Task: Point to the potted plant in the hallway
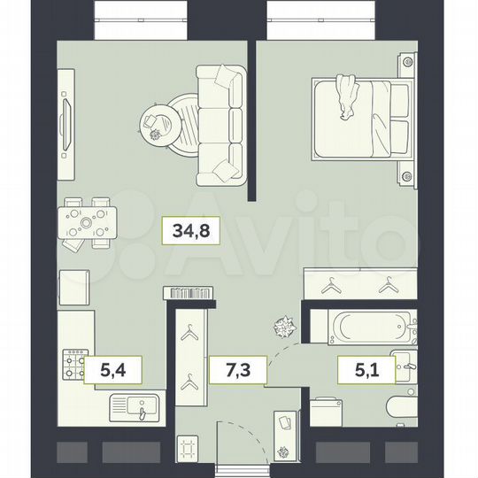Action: [283, 327]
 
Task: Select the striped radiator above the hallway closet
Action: [188, 292]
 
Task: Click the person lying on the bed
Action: [346, 97]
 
